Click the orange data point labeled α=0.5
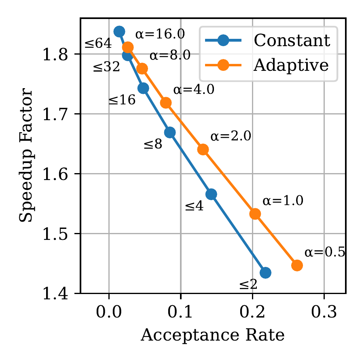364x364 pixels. coord(297,265)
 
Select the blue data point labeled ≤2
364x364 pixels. coord(265,273)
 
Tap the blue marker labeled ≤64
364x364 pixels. coord(119,32)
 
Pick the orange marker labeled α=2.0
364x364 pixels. coord(203,150)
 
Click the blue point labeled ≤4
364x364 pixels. coord(211,195)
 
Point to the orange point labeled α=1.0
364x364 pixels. coord(255,214)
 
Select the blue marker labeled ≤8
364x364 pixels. coord(170,132)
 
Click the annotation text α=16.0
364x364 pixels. coord(160,34)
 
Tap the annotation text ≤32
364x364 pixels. coord(106,67)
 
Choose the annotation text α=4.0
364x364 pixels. coord(194,90)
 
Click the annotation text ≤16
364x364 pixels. coord(122,100)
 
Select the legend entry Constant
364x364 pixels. coord(291,40)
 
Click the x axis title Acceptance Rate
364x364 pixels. coord(212,335)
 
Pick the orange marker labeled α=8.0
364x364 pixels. coord(142,69)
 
